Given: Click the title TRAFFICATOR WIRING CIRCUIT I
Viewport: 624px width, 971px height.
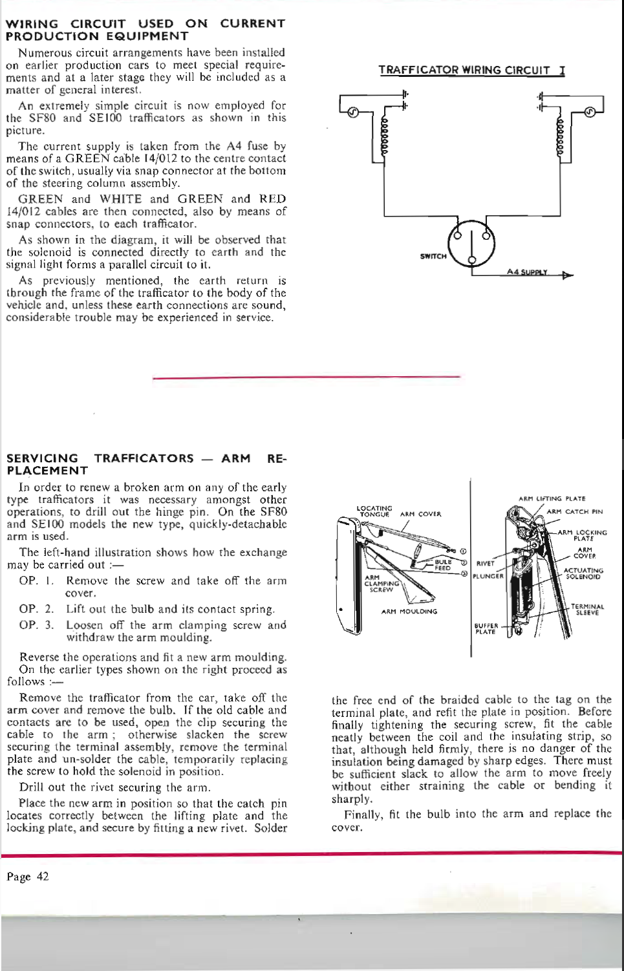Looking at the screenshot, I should pos(471,70).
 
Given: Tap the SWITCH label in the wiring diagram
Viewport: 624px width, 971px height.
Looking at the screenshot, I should pos(433,256).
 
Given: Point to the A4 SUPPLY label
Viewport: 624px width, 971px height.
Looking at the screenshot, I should pos(528,272).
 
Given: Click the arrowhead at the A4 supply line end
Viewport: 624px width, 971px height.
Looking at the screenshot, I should pos(568,275).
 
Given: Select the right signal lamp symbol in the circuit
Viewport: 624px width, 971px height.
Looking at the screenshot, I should pos(590,113).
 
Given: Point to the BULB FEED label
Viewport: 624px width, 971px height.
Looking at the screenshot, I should pos(443,565).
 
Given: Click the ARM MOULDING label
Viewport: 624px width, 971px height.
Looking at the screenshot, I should pos(409,611).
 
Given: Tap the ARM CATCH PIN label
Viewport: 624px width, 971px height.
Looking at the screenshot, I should pos(574,511).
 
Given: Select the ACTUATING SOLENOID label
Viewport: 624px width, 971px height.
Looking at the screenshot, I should pos(583,573).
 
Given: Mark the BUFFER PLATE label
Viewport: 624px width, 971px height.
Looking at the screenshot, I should pos(485,628).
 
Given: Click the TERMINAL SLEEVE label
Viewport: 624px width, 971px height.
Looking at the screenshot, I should pos(587,609).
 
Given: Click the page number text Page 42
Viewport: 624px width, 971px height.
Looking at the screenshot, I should pos(27,877).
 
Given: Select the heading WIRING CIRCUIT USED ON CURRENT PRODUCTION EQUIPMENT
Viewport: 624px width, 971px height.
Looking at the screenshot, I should pos(145,30).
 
